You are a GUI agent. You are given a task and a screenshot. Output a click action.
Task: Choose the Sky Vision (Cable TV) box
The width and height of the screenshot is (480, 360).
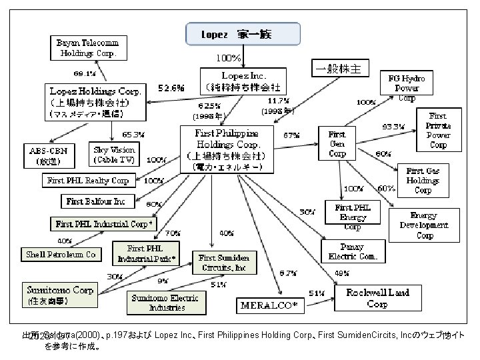coord(115,155)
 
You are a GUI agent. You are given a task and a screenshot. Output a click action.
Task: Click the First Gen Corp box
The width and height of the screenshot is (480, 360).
coord(337,143)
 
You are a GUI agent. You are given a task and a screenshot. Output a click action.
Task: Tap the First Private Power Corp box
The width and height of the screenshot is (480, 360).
coord(438,130)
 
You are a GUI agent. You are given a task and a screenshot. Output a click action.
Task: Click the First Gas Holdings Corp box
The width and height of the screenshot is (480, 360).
coord(423,181)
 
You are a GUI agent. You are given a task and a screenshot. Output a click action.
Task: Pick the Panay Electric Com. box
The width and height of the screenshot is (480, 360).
coord(353,249)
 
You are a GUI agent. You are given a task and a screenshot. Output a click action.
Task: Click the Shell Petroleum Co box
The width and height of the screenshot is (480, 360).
coord(61,254)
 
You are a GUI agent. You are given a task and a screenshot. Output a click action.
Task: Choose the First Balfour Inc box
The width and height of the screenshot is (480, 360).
coord(97,201)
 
